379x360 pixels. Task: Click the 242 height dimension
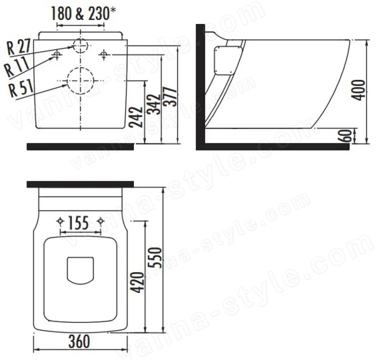pos(136,117)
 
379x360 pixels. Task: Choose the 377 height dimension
pos(170,97)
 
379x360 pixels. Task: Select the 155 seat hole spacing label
pos(78,223)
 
